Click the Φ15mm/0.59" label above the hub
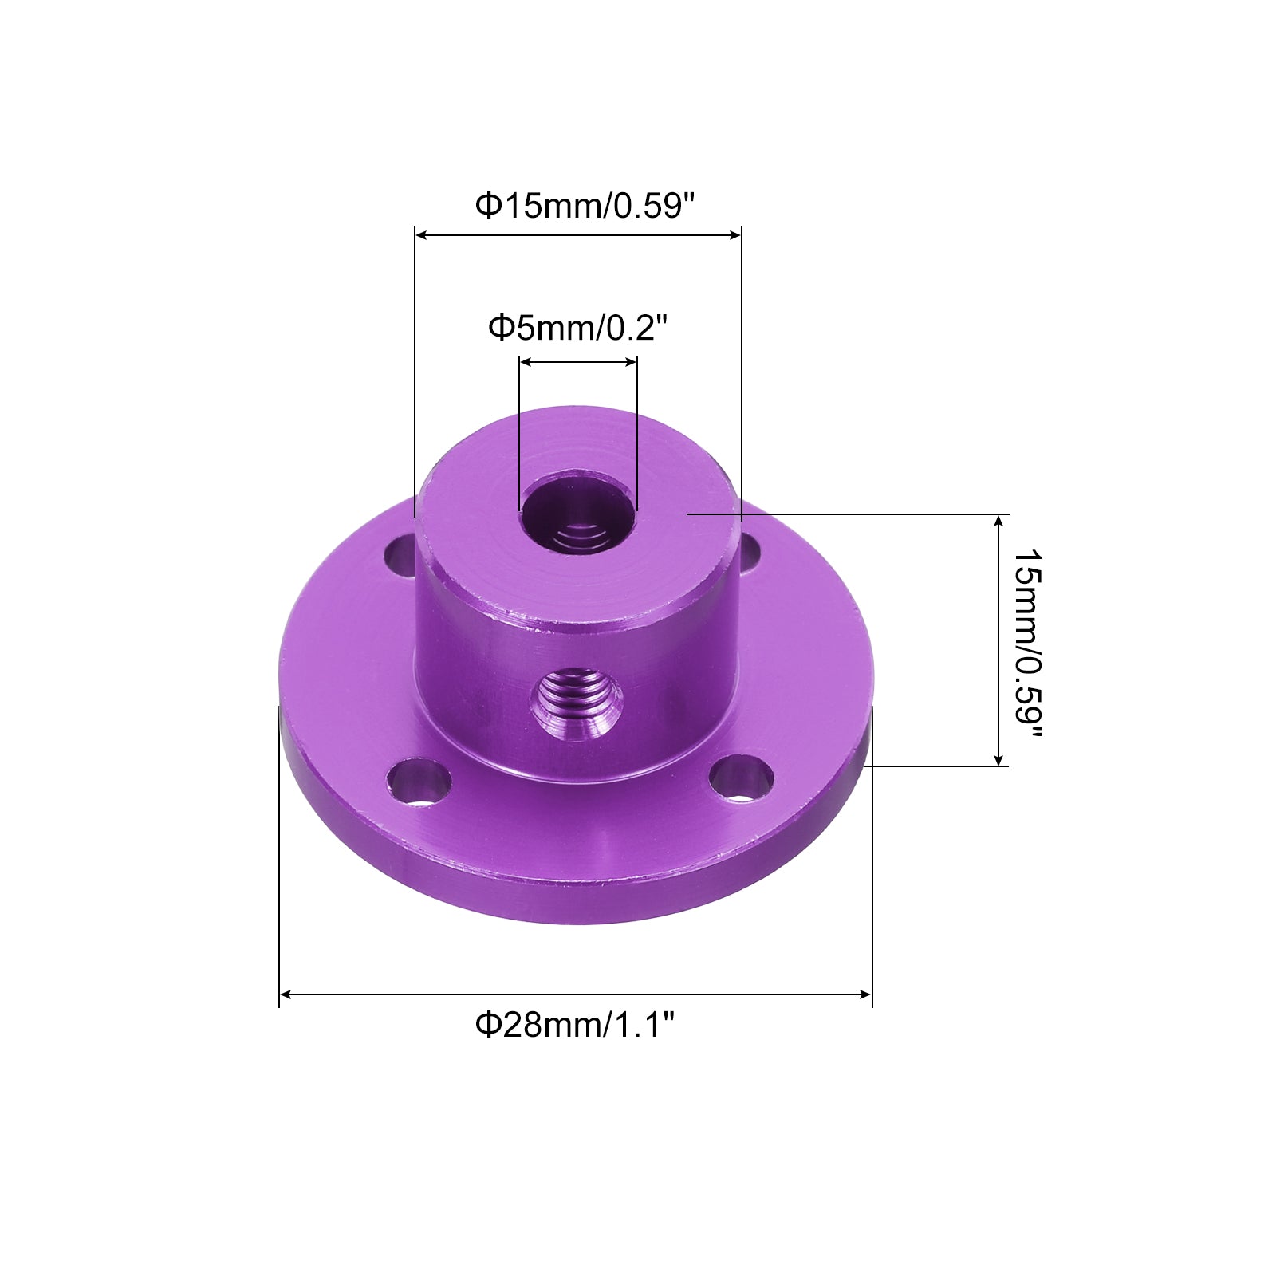point(585,206)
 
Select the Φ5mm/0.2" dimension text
point(577,327)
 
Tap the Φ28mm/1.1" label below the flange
point(575,1024)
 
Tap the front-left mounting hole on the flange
point(419,781)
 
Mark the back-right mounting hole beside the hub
point(749,553)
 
